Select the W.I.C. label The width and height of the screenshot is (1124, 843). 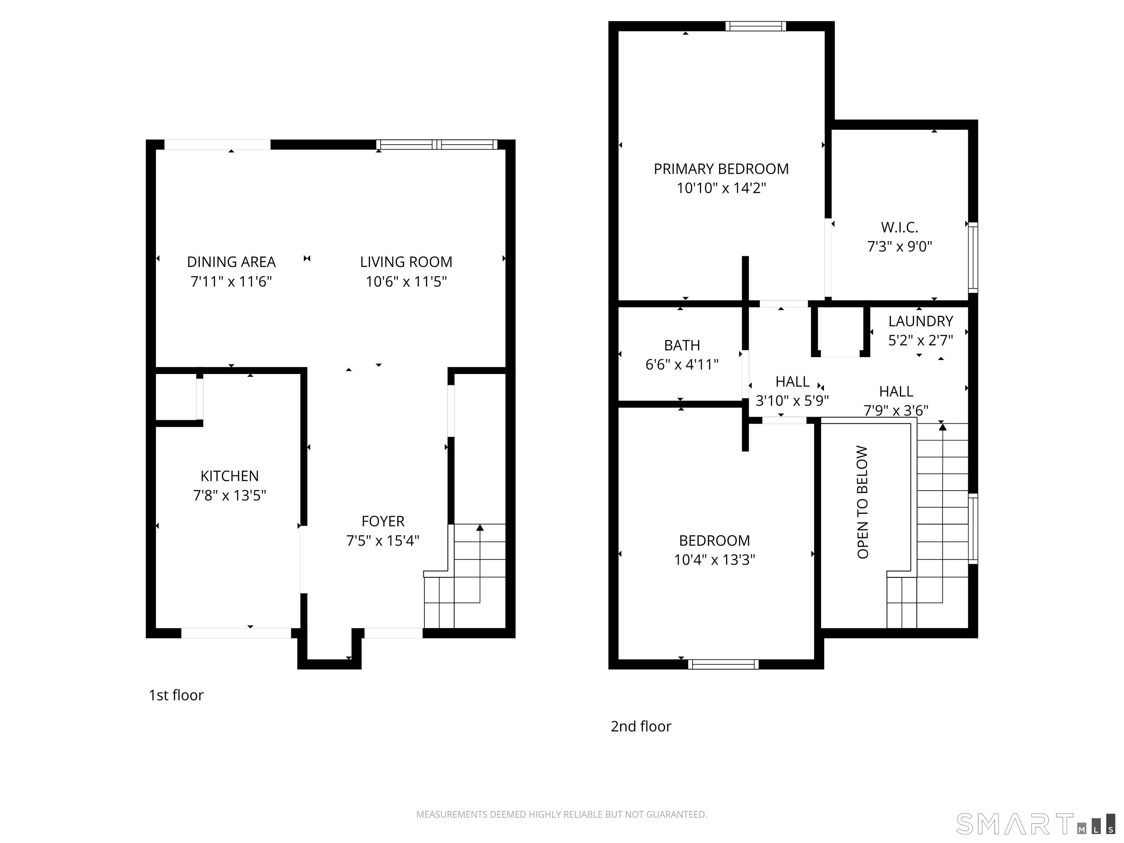point(899,227)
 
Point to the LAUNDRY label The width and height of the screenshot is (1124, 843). point(920,321)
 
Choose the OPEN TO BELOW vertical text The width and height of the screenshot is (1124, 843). point(862,502)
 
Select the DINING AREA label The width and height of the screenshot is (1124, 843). point(231,262)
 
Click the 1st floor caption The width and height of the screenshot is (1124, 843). point(176,695)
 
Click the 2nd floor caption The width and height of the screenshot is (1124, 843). point(640,727)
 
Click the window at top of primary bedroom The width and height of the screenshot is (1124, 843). point(755,26)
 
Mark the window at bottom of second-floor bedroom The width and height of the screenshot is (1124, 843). point(723,664)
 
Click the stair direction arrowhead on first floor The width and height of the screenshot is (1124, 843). point(480,528)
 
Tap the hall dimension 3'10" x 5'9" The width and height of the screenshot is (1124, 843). point(792,401)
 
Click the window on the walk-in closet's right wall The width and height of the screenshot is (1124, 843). point(973,257)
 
